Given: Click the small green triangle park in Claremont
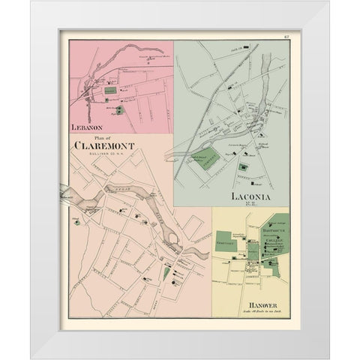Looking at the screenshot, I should click(166, 273).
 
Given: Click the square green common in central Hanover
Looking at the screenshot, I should click(253, 251).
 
